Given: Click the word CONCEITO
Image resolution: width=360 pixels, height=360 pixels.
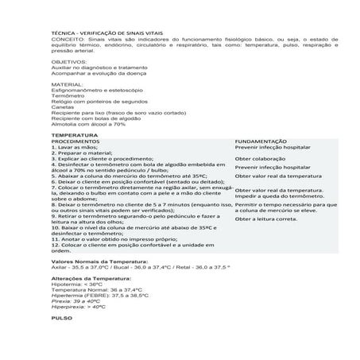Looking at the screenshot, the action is coord(65,37).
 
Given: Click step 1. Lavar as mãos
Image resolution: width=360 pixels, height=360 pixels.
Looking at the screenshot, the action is coord(78,148).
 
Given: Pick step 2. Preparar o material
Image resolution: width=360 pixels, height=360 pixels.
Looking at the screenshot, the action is coord(83,153).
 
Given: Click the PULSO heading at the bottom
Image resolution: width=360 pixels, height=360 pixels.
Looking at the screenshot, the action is coord(61,316).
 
